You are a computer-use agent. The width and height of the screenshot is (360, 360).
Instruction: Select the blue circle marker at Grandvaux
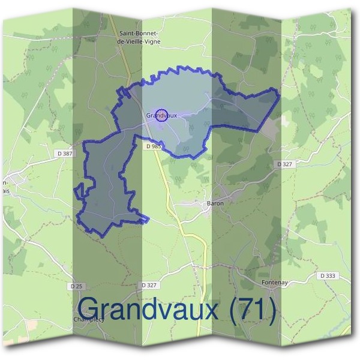(x=161, y=115)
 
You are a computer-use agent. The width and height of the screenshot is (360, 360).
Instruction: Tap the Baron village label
(x=215, y=203)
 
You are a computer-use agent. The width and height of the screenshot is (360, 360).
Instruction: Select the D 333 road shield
(x=327, y=275)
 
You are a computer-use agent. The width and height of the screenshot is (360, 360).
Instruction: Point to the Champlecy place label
(x=89, y=320)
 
